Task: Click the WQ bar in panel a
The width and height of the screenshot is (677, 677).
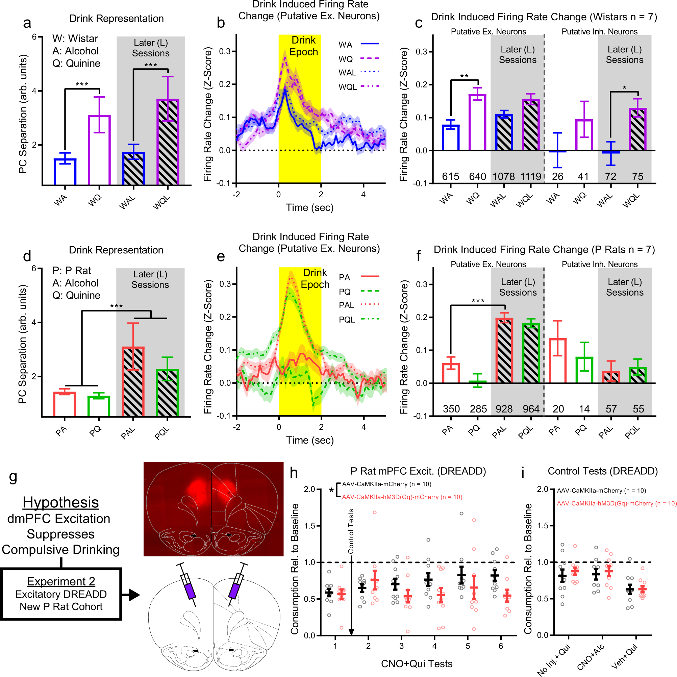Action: tap(99, 150)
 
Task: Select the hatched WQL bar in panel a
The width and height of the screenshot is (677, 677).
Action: tap(168, 142)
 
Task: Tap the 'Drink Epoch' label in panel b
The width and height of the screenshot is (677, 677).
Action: tap(303, 46)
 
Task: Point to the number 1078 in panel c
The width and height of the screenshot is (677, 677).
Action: tap(504, 177)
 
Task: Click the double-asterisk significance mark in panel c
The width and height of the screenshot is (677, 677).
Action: tap(464, 76)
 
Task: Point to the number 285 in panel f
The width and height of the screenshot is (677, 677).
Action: tap(478, 409)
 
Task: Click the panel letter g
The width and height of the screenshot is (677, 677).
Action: tap(13, 477)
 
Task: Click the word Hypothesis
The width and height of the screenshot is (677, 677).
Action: tap(60, 502)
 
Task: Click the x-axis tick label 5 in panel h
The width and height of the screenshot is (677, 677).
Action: tap(468, 646)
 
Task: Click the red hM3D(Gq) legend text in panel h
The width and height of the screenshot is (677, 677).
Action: tap(402, 497)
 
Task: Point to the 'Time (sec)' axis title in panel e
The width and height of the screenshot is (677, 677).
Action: tap(310, 440)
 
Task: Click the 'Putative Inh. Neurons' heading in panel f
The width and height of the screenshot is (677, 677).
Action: tap(600, 264)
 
